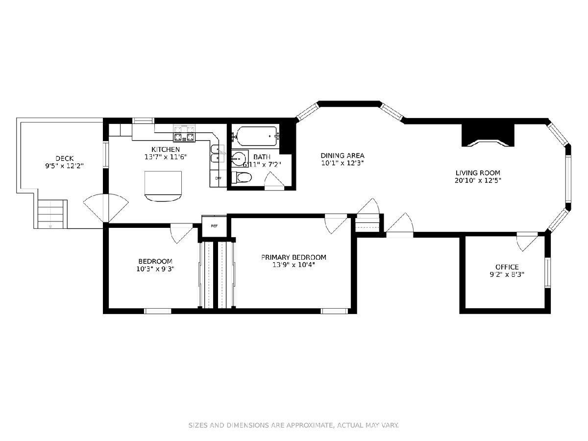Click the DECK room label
pyautogui.click(x=64, y=158)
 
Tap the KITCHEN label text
pyautogui.click(x=166, y=149)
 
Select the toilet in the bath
pyautogui.click(x=242, y=177)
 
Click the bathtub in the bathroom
pyautogui.click(x=257, y=137)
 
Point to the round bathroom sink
pyautogui.click(x=239, y=158)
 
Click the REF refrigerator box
pyautogui.click(x=214, y=226)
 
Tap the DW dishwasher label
pyautogui.click(x=219, y=178)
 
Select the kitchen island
pyautogui.click(x=163, y=186)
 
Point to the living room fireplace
pyautogui.click(x=488, y=135)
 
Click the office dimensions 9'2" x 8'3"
pyautogui.click(x=507, y=274)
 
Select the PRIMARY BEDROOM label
pyautogui.click(x=294, y=257)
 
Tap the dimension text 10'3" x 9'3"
pyautogui.click(x=155, y=269)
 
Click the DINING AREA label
pyautogui.click(x=343, y=155)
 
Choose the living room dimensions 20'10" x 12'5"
pyautogui.click(x=478, y=180)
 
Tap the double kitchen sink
pyautogui.click(x=218, y=154)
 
